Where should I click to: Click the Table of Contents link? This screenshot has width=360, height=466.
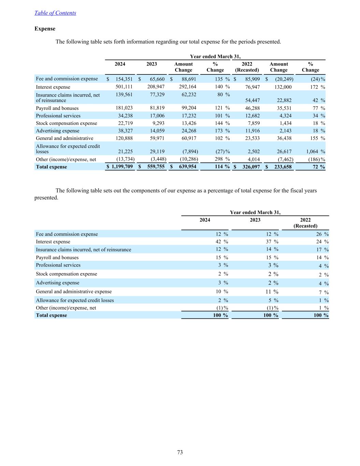click(x=55, y=13)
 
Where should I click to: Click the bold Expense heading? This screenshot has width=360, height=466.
click(x=45, y=29)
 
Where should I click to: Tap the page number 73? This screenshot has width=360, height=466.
click(x=180, y=452)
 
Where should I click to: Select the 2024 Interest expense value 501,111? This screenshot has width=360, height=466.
click(x=124, y=87)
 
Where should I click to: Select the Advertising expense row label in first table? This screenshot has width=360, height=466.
click(x=58, y=131)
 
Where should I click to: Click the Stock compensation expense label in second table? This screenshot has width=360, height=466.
click(x=67, y=274)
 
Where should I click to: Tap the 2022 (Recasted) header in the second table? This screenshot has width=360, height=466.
click(x=305, y=223)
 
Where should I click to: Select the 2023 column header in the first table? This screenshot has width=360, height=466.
click(x=152, y=64)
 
